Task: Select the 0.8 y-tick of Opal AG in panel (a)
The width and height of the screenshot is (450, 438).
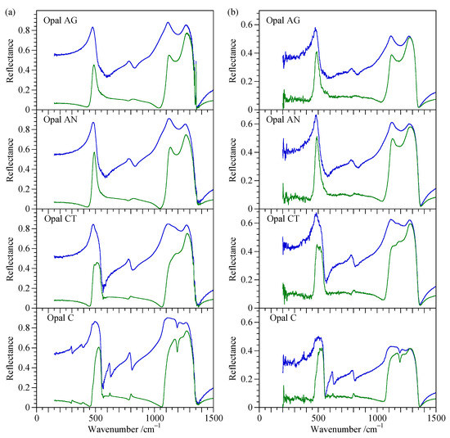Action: [26, 30]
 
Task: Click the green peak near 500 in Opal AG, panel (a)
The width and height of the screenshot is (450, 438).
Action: [95, 65]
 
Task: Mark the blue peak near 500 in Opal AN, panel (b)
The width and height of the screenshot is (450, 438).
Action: [316, 115]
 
